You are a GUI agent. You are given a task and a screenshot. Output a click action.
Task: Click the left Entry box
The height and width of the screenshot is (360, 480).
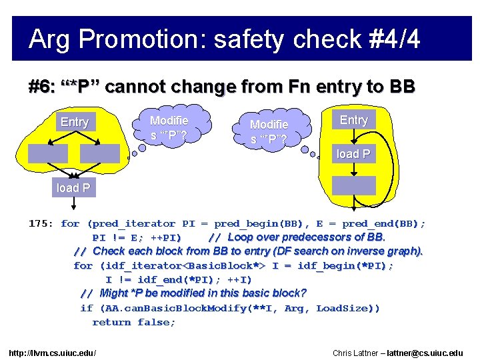74,122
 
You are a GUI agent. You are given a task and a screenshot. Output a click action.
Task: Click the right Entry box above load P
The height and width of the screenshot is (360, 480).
353,120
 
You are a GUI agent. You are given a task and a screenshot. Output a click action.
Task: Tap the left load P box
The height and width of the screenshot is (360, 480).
73,188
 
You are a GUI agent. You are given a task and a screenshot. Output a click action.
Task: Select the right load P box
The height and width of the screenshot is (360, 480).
353,154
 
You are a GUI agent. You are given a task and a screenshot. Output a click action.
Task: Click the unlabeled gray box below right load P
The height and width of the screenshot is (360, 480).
354,185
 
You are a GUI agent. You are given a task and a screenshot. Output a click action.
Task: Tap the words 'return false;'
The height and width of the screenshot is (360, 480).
134,323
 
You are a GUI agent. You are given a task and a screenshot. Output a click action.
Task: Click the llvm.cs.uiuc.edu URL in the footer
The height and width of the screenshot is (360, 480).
53,352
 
